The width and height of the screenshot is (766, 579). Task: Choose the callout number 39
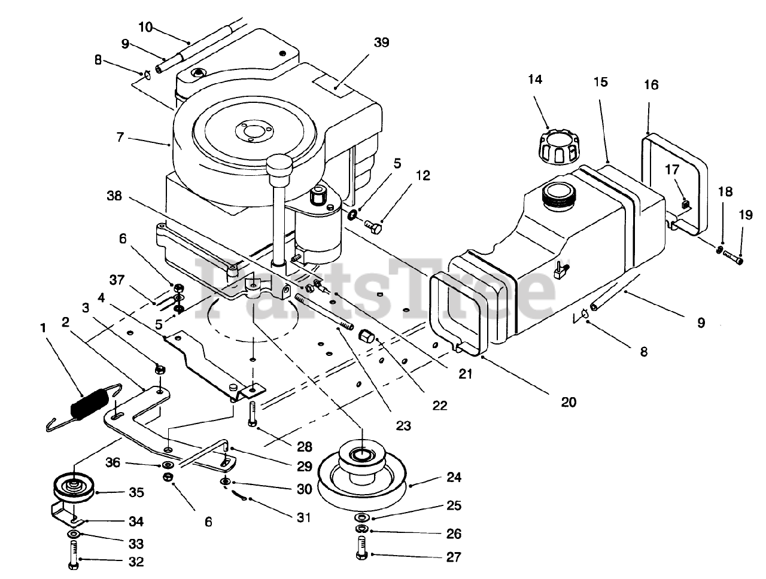click(x=381, y=42)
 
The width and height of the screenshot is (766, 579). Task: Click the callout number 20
click(x=569, y=402)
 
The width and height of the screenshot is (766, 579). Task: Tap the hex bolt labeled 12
click(x=373, y=228)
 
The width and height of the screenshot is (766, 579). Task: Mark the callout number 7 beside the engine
click(x=120, y=137)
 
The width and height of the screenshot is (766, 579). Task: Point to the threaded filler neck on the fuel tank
click(x=559, y=196)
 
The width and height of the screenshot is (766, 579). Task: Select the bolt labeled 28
click(x=253, y=414)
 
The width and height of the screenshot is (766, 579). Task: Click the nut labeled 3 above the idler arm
click(x=159, y=369)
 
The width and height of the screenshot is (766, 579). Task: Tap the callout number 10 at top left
click(x=145, y=27)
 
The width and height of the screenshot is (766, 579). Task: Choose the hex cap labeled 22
click(x=366, y=337)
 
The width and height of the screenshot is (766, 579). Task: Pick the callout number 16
click(x=651, y=84)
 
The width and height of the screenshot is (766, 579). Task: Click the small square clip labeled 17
click(x=686, y=204)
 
